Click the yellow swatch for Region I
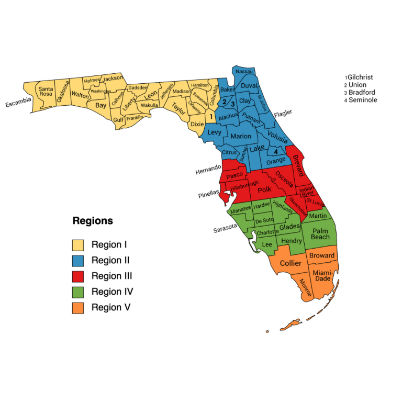[x=78, y=244]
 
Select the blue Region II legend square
[x=78, y=260]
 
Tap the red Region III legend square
[x=78, y=276]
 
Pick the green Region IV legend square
[x=78, y=292]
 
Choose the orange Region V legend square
[x=78, y=307]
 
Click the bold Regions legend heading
[x=93, y=221]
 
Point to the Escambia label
[x=18, y=102]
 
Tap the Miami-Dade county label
[x=322, y=276]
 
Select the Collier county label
[x=291, y=263]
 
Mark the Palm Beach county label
[x=320, y=234]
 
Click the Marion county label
[x=241, y=137]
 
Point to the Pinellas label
[x=209, y=195]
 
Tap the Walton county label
[x=80, y=95]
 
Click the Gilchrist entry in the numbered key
[x=363, y=77]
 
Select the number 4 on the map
[x=275, y=152]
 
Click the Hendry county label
[x=292, y=241]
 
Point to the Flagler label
[x=283, y=113]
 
